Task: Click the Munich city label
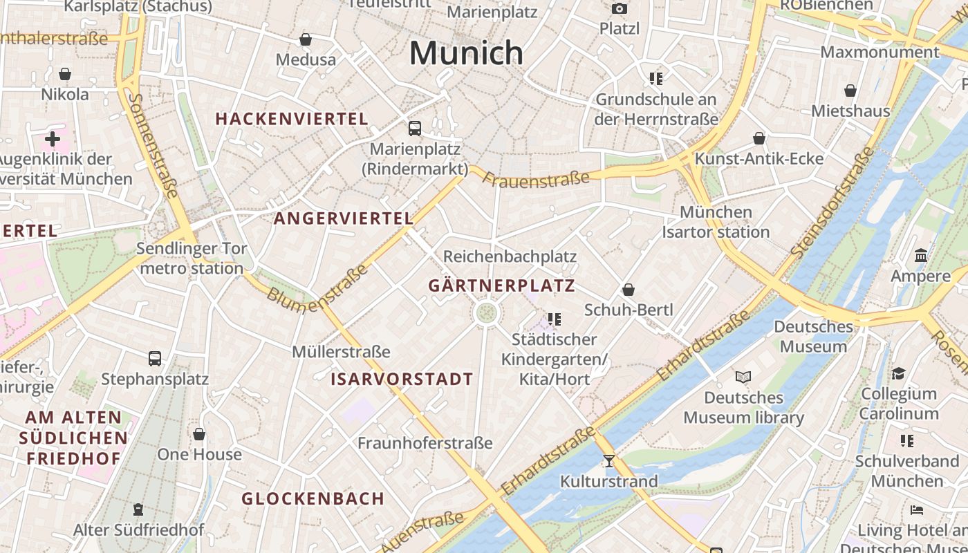pyautogui.click(x=467, y=53)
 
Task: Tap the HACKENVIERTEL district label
pyautogui.click(x=292, y=119)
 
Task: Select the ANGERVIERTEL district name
pyautogui.click(x=344, y=218)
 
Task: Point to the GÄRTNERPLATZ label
pyautogui.click(x=501, y=285)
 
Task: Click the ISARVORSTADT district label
pyautogui.click(x=402, y=379)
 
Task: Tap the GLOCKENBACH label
pyautogui.click(x=313, y=498)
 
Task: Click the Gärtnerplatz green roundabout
pyautogui.click(x=487, y=312)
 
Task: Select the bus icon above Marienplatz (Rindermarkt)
pyautogui.click(x=415, y=128)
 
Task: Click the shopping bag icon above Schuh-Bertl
pyautogui.click(x=629, y=290)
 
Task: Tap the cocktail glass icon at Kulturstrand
pyautogui.click(x=608, y=460)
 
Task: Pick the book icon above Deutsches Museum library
pyautogui.click(x=743, y=377)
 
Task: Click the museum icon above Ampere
pyautogui.click(x=920, y=256)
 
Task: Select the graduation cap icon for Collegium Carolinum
pyautogui.click(x=898, y=373)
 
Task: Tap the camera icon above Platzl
pyautogui.click(x=619, y=8)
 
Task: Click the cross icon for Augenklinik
pyautogui.click(x=53, y=139)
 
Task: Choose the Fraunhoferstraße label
pyautogui.click(x=425, y=443)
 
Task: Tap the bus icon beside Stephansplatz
pyautogui.click(x=155, y=359)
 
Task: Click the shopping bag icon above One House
pyautogui.click(x=199, y=434)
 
